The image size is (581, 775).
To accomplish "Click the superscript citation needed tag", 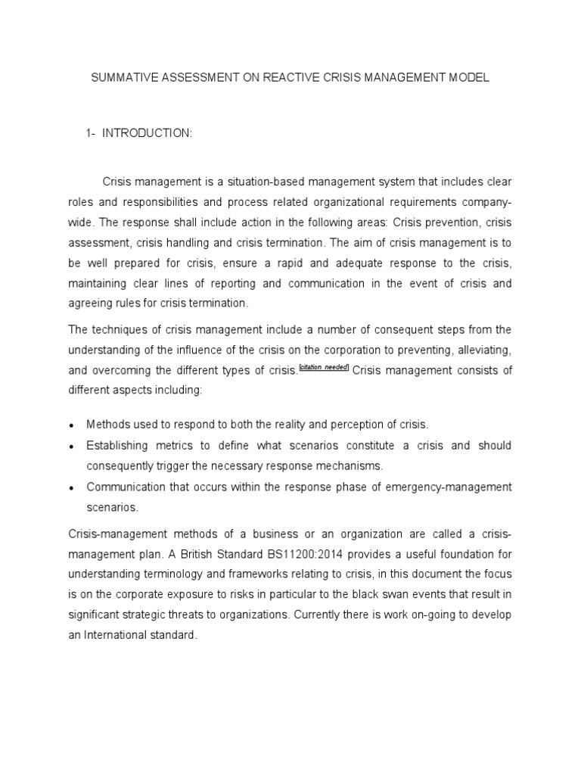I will [x=324, y=367].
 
